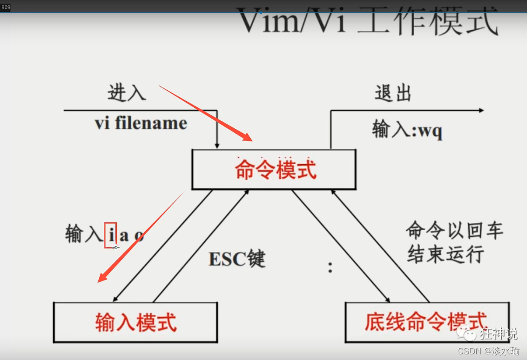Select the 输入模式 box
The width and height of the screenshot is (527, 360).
(136, 322)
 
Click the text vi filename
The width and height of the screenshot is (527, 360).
(141, 123)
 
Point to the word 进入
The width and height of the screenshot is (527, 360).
(127, 93)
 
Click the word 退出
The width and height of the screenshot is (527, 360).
(393, 93)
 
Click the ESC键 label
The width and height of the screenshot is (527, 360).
(237, 258)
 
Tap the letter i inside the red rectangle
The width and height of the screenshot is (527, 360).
(111, 235)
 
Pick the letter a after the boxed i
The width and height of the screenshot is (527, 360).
(124, 235)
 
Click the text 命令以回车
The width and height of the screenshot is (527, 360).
(454, 231)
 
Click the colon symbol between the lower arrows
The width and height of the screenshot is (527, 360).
(330, 267)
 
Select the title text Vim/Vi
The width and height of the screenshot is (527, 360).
(292, 21)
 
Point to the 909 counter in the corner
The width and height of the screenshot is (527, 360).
(6, 7)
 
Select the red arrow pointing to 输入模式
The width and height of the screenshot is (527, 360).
(141, 235)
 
